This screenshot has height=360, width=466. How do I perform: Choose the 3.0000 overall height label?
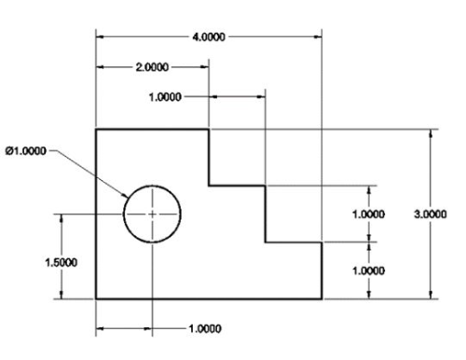point(430,214)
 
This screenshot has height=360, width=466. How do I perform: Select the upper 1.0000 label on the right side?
point(368,214)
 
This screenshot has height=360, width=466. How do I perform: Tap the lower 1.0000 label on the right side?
point(368,270)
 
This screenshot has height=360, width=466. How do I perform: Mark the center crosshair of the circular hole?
point(153,214)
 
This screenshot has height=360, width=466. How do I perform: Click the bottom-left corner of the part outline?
point(97,299)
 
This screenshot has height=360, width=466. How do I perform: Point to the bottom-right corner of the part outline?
point(322,299)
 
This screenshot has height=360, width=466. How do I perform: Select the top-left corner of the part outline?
point(97,130)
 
